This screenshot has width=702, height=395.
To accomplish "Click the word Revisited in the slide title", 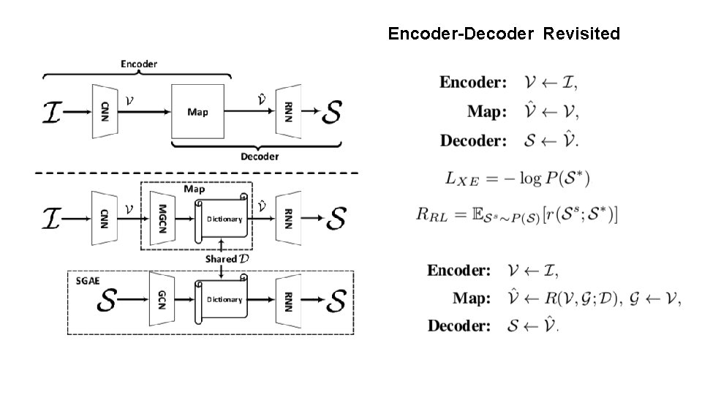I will click(x=581, y=34).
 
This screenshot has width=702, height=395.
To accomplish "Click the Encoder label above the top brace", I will click(x=138, y=64).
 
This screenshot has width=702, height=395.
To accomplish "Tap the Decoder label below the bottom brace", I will click(x=260, y=156).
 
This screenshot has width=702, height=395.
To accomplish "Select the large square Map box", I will click(x=197, y=112).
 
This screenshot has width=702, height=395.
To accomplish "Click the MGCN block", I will click(x=162, y=218).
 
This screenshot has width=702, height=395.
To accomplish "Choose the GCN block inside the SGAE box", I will click(x=162, y=299).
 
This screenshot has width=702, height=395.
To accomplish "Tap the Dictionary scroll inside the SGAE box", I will click(x=222, y=299).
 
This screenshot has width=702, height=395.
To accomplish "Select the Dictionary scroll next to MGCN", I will click(x=222, y=219).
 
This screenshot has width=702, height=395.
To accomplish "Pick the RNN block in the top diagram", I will click(x=287, y=112).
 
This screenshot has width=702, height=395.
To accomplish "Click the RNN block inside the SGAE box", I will click(x=287, y=299).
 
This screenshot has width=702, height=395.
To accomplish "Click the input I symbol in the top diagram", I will click(x=53, y=113).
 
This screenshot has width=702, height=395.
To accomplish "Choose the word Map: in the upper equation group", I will click(x=486, y=112).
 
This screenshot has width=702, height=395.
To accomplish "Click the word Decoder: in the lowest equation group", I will click(x=460, y=326).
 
